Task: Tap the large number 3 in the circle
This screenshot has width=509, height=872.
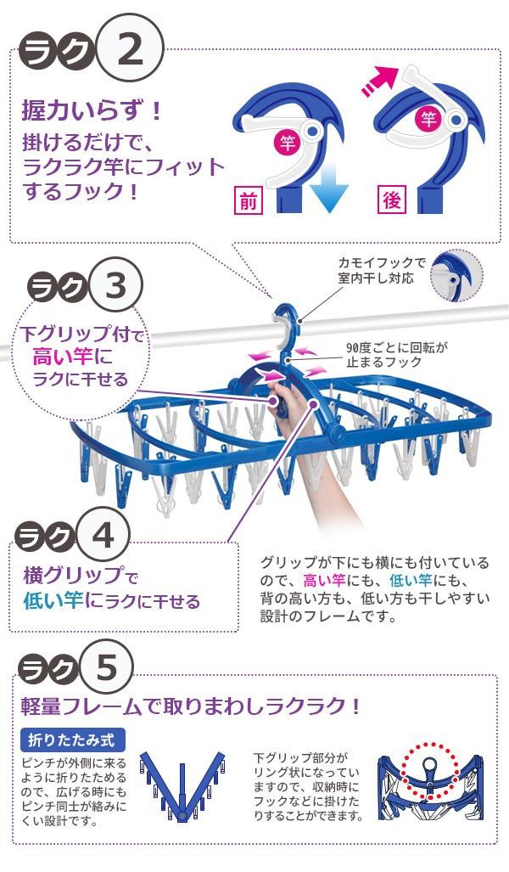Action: coord(115,286)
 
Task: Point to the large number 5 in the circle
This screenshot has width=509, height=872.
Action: coord(106,667)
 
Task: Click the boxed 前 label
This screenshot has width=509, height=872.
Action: coord(248,200)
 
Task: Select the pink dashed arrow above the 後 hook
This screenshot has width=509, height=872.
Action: coord(381,81)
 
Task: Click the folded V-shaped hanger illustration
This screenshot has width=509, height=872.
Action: coord(182,785)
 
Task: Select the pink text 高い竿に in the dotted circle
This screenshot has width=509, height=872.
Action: coord(72,357)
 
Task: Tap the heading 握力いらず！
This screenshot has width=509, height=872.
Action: coord(92,110)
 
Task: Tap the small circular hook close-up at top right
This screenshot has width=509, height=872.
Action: coord(456,275)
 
